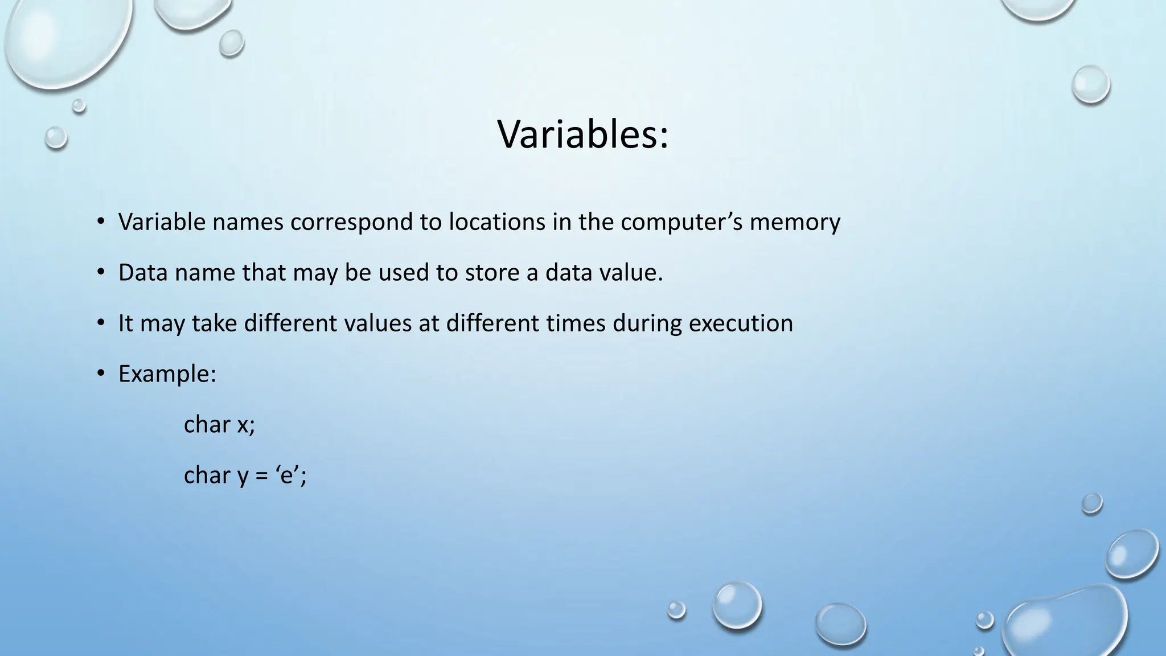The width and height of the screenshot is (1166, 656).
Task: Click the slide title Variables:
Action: (583, 136)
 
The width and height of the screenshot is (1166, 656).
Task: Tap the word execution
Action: (741, 323)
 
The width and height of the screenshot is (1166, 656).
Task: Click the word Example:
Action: (167, 374)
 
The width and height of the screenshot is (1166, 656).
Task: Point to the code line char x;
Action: (219, 425)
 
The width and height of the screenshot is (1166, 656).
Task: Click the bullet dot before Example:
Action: (101, 374)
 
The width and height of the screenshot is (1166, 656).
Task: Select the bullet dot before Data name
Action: (101, 272)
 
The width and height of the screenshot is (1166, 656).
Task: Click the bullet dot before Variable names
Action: (101, 222)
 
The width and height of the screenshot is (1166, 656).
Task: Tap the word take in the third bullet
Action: (214, 323)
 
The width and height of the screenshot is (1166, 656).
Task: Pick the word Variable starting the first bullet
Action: (162, 222)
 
